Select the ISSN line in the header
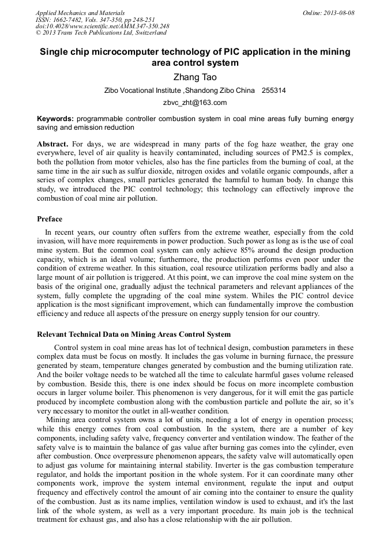click(95, 20)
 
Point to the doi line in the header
click(102, 27)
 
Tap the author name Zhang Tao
click(195, 77)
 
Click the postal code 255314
click(274, 91)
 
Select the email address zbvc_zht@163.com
click(195, 103)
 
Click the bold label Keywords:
click(55, 118)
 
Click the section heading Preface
click(50, 219)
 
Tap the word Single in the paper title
click(56, 52)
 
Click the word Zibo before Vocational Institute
click(113, 91)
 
